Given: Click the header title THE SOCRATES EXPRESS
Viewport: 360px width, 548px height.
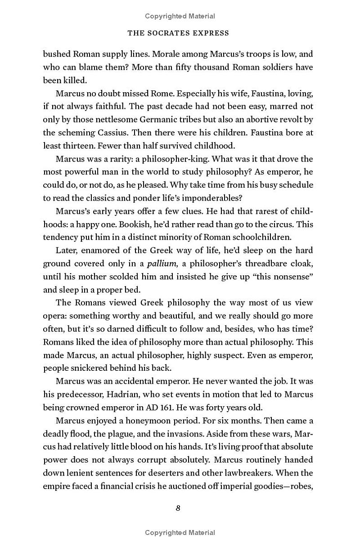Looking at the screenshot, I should (x=179, y=33).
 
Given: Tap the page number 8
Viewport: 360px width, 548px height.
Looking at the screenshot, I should (x=178, y=508).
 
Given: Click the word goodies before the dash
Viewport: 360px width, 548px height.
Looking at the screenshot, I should (x=273, y=486).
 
